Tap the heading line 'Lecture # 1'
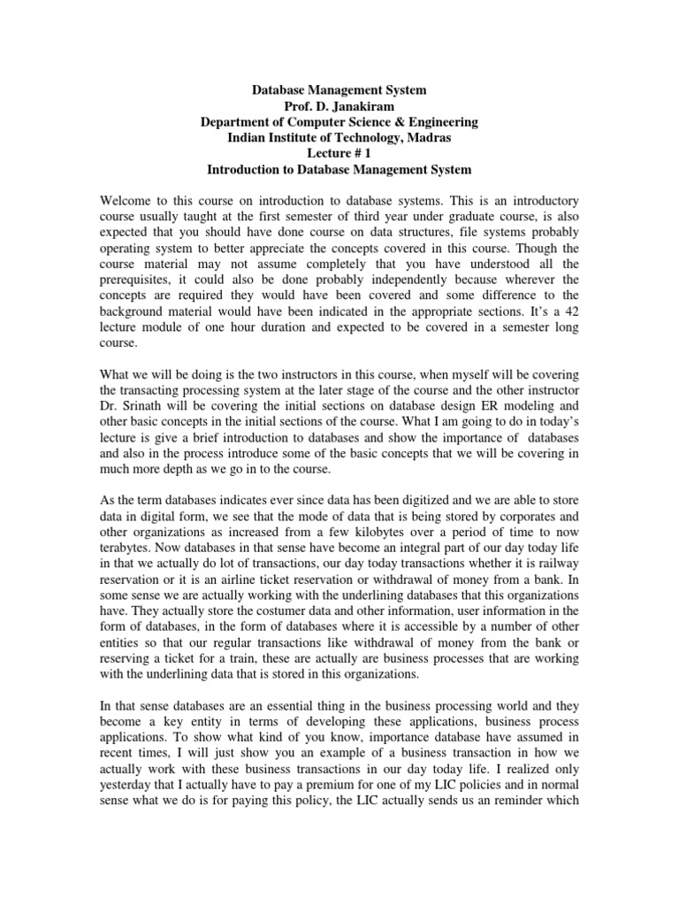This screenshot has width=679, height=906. coord(339,153)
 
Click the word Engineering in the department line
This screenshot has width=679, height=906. coord(436,122)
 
